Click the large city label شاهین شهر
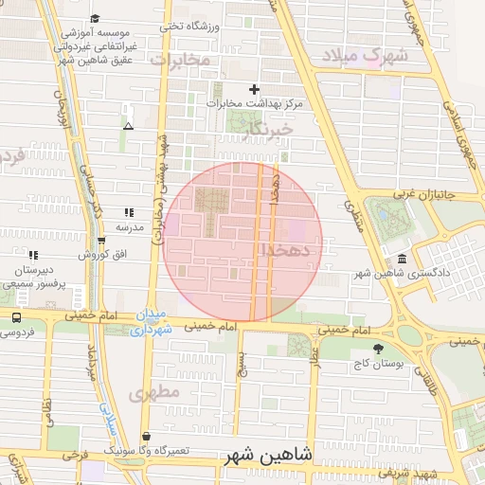tap(269, 456)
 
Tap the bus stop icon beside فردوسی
tap(17, 318)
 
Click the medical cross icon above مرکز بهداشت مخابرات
tap(253, 89)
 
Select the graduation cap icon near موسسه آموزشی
tap(95, 19)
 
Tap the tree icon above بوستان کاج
tap(379, 349)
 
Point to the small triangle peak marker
tap(128, 125)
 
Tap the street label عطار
tap(314, 357)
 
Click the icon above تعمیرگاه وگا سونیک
tap(145, 436)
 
